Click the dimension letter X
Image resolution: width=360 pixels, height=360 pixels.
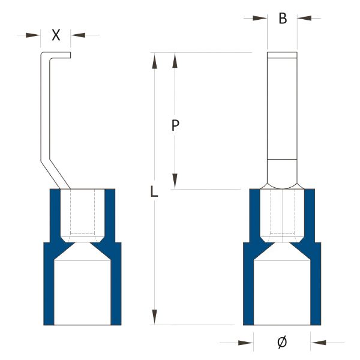point(56,35)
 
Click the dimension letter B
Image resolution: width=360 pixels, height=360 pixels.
point(283,19)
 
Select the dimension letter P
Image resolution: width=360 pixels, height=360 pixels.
point(175,125)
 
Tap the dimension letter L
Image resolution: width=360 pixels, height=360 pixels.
point(154,191)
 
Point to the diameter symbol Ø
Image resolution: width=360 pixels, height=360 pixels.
point(282,343)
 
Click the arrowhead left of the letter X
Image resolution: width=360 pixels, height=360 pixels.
point(33,35)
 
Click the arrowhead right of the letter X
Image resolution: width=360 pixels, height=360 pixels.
point(78,35)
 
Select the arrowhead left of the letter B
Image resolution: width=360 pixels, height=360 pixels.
point(260,18)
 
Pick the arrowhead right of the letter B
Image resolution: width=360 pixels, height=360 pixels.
point(304,18)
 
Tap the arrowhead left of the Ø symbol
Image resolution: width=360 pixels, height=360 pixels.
point(246,343)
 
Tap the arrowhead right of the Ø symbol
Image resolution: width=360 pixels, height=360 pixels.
point(318,343)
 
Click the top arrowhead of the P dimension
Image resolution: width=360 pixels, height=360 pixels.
point(175,60)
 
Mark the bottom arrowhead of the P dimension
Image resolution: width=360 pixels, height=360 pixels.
point(175,181)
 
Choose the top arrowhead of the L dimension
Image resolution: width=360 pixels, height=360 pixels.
point(155,61)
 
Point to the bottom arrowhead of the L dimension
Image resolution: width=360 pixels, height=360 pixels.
point(155,317)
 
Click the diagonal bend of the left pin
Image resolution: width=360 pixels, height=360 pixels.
point(55,173)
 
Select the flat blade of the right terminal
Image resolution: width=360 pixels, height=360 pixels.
point(282,106)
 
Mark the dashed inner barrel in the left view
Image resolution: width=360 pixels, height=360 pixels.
point(82,212)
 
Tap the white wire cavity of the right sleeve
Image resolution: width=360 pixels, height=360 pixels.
point(282,293)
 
